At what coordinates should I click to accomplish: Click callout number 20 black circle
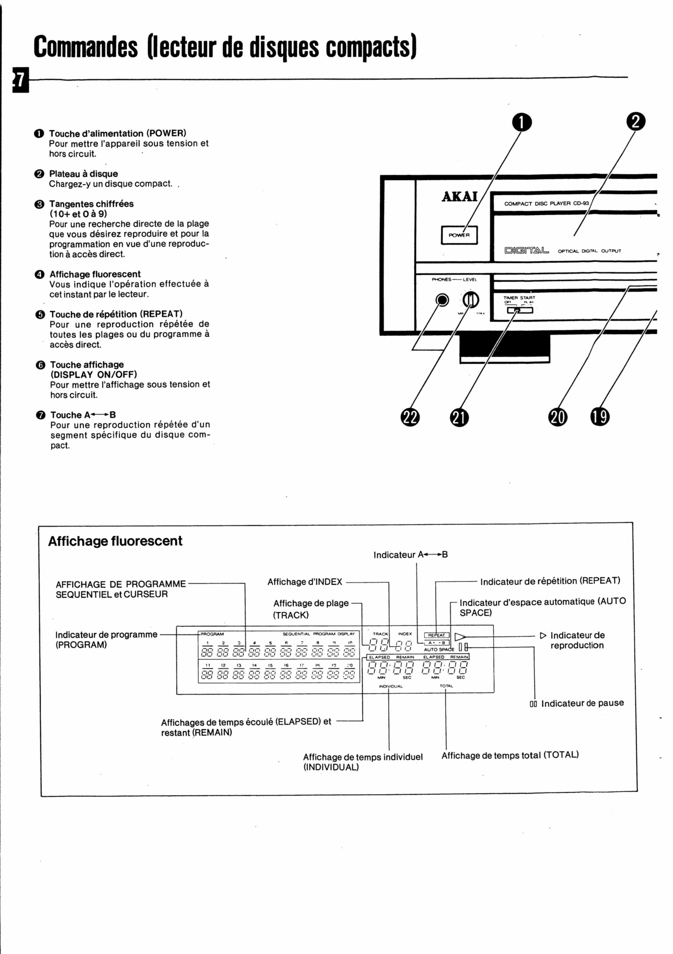click(558, 417)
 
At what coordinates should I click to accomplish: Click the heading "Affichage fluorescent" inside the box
click(115, 541)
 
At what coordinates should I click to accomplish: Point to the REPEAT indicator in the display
click(436, 635)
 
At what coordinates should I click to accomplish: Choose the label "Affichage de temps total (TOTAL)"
click(510, 755)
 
